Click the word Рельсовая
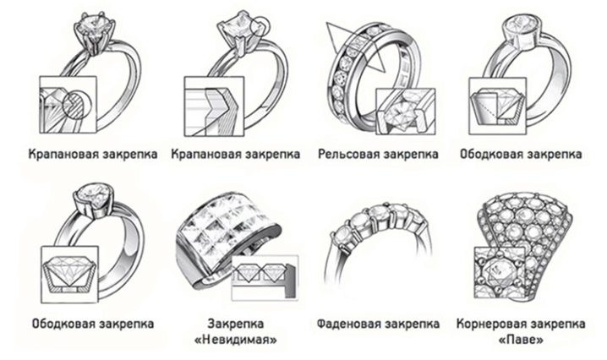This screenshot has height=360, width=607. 348,154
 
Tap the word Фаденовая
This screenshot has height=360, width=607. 349,324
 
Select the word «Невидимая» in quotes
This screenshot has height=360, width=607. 236,341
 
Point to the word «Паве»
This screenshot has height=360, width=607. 521,341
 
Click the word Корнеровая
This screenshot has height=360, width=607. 490,324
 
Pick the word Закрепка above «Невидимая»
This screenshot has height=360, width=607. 236,324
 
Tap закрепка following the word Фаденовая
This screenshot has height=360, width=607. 413,324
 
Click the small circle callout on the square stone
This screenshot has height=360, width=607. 258,26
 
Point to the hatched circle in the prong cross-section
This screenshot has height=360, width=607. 77,104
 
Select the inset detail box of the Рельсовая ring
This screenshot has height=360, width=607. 405,112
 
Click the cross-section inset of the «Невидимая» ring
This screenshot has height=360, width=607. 265,277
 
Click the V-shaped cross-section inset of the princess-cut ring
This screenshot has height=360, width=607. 214,106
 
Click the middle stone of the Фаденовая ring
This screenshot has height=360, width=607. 379,212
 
